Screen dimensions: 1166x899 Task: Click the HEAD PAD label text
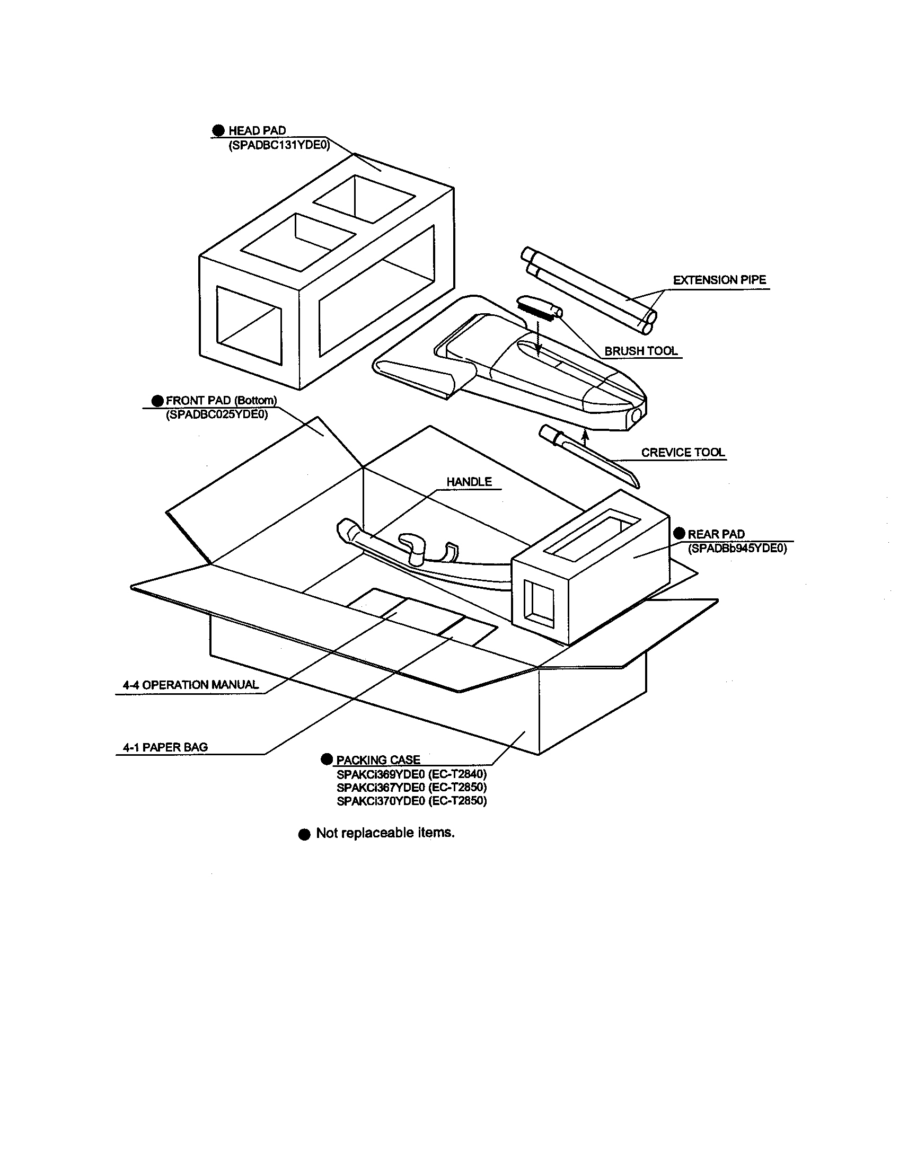click(x=257, y=130)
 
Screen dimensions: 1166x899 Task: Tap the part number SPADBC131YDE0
click(x=279, y=145)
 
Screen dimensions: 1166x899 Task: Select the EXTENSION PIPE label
click(x=719, y=280)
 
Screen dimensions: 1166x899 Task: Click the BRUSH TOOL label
click(x=641, y=351)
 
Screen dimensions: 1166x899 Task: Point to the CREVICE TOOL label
click(x=683, y=452)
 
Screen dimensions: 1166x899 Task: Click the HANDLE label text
click(x=469, y=482)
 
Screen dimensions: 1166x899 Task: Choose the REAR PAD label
click(x=716, y=534)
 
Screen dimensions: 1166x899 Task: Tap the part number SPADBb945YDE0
click(x=737, y=549)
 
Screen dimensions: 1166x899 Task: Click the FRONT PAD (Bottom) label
click(x=221, y=400)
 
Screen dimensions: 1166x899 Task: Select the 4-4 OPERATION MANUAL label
click(x=191, y=685)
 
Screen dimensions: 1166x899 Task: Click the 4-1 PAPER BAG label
click(x=165, y=747)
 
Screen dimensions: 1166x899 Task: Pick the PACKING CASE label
click(x=378, y=759)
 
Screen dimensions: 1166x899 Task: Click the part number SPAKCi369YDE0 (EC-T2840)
click(x=411, y=774)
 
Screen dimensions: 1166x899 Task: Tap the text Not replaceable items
click(x=385, y=833)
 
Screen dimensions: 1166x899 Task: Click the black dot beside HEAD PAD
click(x=218, y=130)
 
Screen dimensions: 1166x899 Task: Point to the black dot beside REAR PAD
click(x=679, y=533)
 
